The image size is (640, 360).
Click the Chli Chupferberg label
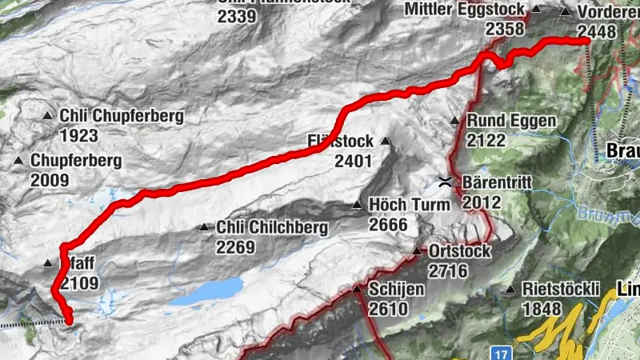click(x=122, y=116)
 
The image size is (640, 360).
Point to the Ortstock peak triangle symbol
click(x=417, y=252)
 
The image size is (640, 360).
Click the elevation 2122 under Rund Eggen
click(x=486, y=140)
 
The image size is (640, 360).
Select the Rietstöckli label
click(x=562, y=289)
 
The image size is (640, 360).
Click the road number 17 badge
click(x=502, y=351)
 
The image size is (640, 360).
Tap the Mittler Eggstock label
click(x=465, y=10)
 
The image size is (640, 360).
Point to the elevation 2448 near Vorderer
click(x=596, y=31)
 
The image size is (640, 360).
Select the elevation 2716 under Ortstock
click(x=447, y=270)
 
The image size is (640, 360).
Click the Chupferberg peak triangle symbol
click(x=19, y=161)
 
